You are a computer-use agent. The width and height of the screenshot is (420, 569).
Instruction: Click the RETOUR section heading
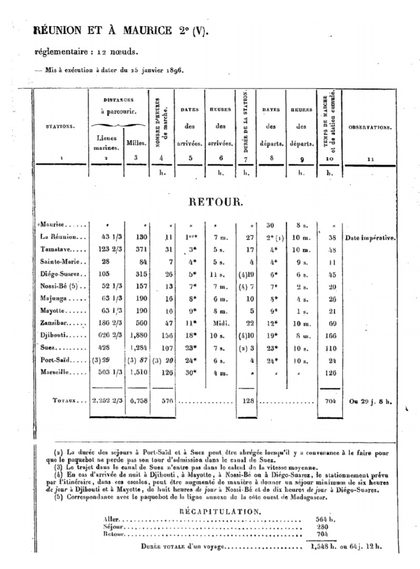pos(216,202)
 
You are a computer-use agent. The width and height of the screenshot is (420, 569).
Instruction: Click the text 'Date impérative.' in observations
pos(371,238)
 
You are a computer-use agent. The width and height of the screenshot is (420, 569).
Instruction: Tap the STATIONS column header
pos(60,127)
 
